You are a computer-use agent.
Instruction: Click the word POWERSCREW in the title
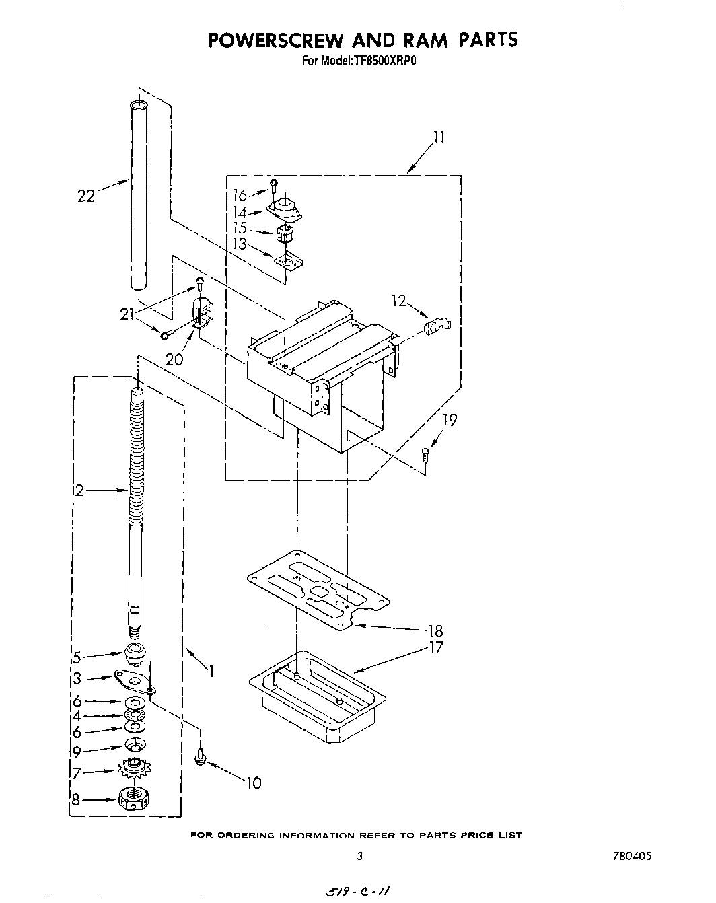pyautogui.click(x=272, y=40)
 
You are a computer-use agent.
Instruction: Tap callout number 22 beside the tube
pyautogui.click(x=86, y=196)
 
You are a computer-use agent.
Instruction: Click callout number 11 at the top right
pyautogui.click(x=438, y=137)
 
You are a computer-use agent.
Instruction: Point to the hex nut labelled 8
pyautogui.click(x=133, y=799)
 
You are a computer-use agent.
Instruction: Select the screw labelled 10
pyautogui.click(x=200, y=756)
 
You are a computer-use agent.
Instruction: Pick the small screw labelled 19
pyautogui.click(x=426, y=454)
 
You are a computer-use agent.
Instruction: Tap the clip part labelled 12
pyautogui.click(x=437, y=326)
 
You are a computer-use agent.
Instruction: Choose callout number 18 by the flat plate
pyautogui.click(x=435, y=630)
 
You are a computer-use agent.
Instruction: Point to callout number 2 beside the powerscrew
pyautogui.click(x=79, y=491)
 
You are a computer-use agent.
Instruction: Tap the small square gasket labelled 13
pyautogui.click(x=289, y=260)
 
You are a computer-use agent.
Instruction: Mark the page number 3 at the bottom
pyautogui.click(x=360, y=856)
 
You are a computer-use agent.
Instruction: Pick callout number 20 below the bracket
pyautogui.click(x=174, y=359)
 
